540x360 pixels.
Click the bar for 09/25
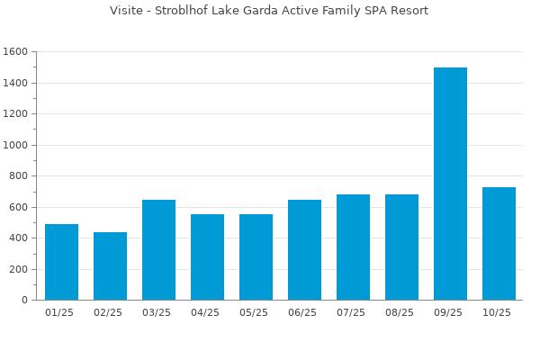click(x=450, y=184)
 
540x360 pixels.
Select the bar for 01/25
click(x=61, y=262)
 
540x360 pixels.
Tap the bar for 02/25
click(x=110, y=265)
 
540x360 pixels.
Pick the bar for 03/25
click(x=158, y=249)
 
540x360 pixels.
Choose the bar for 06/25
click(x=304, y=249)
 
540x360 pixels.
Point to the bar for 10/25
click(x=499, y=243)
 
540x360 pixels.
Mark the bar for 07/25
click(x=353, y=247)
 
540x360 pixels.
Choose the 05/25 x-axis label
click(x=256, y=313)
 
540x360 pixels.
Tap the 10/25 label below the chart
click(x=499, y=313)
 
